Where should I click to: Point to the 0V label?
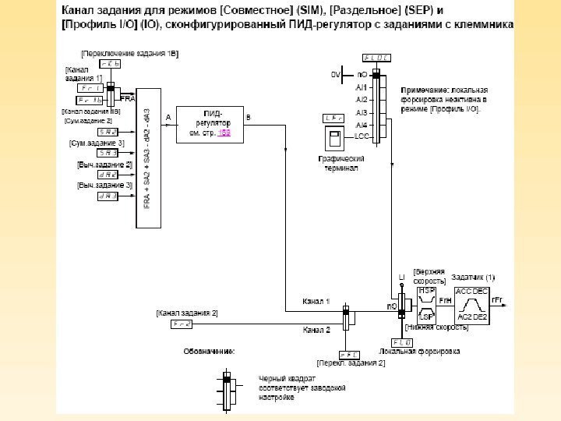click(x=336, y=75)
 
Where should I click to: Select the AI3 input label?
click(x=362, y=111)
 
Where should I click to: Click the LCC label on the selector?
click(x=362, y=136)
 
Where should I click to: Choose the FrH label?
click(x=445, y=299)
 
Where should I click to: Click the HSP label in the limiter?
click(x=427, y=290)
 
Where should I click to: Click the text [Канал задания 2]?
click(x=187, y=313)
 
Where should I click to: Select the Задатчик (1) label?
click(x=473, y=278)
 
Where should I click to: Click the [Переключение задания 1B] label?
click(x=129, y=52)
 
